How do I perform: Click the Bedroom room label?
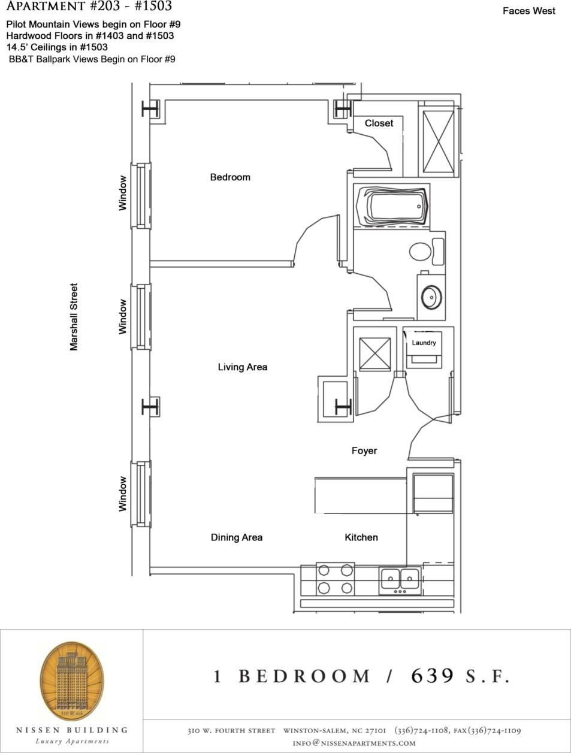tap(230, 177)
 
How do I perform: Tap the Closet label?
tap(379, 123)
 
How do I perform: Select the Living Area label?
tap(242, 367)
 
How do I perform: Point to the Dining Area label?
tap(236, 537)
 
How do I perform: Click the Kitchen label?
tap(361, 537)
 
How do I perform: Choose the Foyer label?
tap(364, 450)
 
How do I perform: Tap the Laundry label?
tap(424, 343)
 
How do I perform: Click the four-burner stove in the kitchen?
tap(335, 579)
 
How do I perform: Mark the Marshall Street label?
tap(74, 317)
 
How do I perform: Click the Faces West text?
tap(528, 11)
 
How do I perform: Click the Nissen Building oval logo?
tap(71, 681)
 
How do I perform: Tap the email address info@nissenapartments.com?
tap(354, 743)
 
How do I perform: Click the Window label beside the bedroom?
tap(123, 193)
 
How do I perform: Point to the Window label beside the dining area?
tap(123, 494)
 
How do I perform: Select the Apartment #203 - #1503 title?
tap(89, 7)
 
